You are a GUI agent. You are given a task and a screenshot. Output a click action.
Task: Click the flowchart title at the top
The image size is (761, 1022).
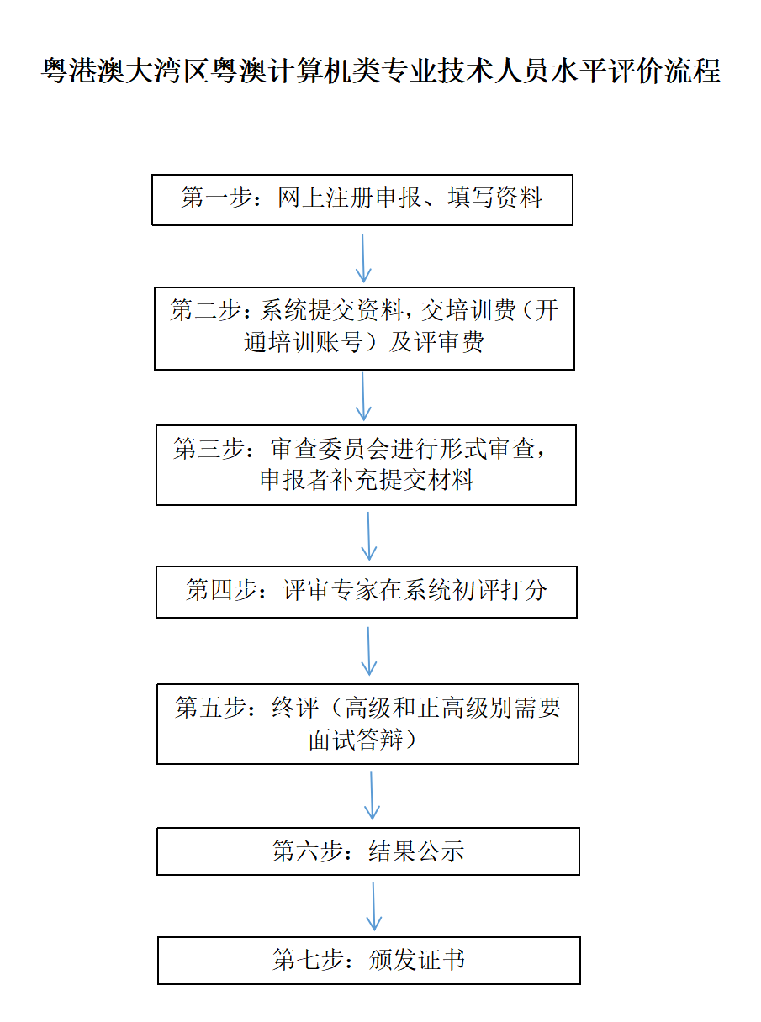(380, 71)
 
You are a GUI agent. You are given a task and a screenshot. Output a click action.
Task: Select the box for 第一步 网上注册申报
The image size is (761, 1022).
(362, 200)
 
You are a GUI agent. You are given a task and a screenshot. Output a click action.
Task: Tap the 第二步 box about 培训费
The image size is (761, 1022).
(364, 328)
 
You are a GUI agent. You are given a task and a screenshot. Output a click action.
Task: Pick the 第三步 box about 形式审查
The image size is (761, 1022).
(366, 465)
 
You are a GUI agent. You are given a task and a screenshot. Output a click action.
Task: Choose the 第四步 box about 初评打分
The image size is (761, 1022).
(367, 592)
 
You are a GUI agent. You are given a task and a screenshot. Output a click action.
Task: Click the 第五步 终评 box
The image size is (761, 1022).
(367, 724)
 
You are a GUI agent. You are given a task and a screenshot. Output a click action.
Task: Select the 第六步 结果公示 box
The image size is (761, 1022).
(368, 851)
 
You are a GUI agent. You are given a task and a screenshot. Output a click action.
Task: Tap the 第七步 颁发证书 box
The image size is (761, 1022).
(369, 961)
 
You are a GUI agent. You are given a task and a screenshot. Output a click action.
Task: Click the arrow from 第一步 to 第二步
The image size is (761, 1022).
(362, 258)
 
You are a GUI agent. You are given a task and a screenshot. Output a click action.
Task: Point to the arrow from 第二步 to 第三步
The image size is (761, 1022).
(363, 397)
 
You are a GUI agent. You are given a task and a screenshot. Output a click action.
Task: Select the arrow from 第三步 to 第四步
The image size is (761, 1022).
(368, 536)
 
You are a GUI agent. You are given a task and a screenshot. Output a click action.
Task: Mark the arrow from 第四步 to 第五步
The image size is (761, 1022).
(368, 651)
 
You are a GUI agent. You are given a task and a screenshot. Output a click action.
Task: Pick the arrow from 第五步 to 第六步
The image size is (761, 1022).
(372, 795)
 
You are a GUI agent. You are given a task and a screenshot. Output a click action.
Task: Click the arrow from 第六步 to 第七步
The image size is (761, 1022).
(373, 905)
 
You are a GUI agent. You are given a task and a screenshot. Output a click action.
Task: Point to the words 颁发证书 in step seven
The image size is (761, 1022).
(417, 960)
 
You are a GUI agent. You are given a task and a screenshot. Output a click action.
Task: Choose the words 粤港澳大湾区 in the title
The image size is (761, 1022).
(124, 71)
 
